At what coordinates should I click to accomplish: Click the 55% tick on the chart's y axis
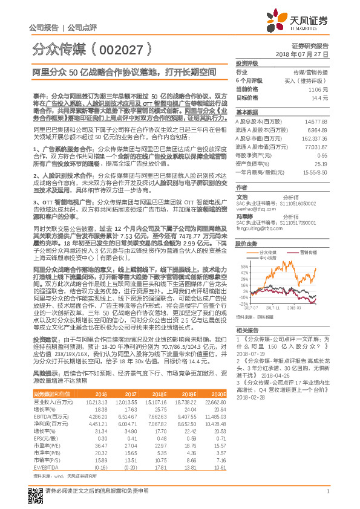coord(244,266)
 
